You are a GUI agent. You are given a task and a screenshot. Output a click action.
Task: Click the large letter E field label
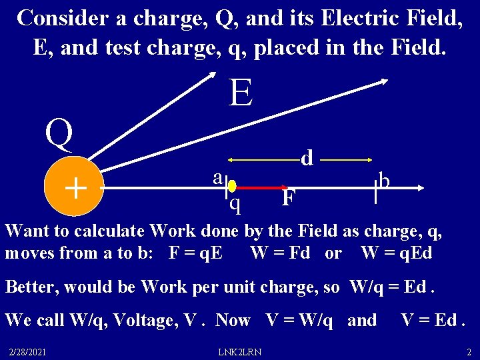241,93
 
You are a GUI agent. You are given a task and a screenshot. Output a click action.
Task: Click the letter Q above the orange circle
59,135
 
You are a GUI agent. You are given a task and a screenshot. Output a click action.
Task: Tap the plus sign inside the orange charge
76,189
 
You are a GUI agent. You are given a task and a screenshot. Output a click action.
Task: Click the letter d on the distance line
307,158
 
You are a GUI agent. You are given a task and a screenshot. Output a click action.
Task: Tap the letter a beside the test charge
217,177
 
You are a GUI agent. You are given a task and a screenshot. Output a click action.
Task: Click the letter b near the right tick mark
385,180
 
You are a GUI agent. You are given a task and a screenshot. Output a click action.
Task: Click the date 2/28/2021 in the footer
27,351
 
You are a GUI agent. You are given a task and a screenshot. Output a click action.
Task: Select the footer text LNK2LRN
240,351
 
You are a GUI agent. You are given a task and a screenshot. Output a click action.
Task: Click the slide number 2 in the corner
469,351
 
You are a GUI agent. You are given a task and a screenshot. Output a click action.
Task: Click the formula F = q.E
197,253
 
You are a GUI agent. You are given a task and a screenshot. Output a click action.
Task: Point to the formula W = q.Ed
397,253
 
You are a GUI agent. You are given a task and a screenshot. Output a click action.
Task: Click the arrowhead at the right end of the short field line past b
418,189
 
